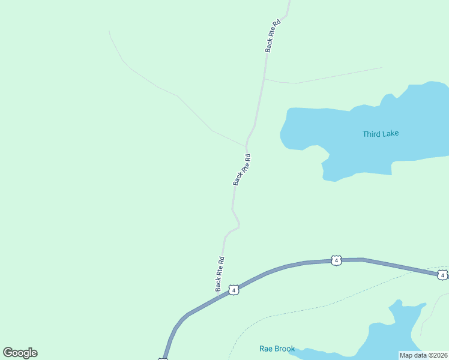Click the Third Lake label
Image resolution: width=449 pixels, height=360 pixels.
(381, 134)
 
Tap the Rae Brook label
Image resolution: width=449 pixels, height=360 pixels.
(277, 349)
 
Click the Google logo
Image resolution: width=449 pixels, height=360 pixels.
(20, 353)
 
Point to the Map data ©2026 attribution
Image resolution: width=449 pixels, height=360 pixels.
(423, 355)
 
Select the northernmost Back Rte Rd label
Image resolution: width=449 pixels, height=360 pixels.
(273, 36)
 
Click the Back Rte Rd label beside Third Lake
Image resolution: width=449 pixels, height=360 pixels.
(242, 170)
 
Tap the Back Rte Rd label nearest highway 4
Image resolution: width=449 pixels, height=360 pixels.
(220, 274)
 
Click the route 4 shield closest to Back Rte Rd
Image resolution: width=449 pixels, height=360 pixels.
(234, 290)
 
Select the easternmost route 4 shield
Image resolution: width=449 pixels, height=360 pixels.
(442, 275)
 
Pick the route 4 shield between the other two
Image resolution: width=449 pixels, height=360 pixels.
(336, 260)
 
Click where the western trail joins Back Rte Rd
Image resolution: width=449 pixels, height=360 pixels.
(246, 145)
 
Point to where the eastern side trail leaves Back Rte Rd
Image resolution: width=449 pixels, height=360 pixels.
(264, 79)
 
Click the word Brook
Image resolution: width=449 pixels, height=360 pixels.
(285, 349)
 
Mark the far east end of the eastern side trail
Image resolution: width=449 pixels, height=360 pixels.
(382, 68)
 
